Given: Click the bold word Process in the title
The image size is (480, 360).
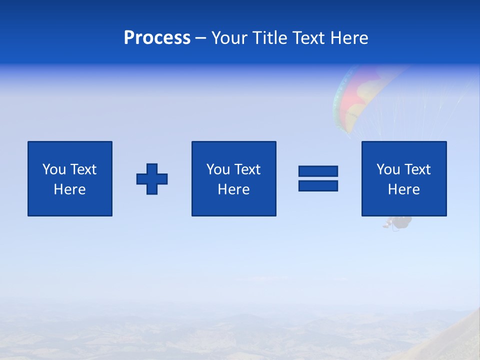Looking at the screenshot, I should coord(157,38).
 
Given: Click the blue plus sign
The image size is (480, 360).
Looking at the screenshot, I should coord(152,179).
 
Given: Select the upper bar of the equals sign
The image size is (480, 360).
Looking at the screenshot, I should coord(318,171).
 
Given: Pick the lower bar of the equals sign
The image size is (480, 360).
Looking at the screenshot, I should coord(318,186).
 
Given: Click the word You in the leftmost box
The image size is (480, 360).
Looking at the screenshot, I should coord(54,169).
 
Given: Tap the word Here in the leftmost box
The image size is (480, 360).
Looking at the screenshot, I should coord(70,189).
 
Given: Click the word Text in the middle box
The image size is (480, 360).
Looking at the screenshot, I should coord(247,169).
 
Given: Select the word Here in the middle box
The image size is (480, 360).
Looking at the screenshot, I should coord(234,189).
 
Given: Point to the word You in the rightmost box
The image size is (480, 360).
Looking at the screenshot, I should coord(388,169).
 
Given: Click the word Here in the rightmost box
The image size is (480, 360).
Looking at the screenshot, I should coord(404,189).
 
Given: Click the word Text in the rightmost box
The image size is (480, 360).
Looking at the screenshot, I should coord(417,169).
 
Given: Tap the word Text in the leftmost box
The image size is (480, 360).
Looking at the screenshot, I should coord(83,169).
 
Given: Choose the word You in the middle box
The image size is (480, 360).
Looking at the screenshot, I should coord(218,169).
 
